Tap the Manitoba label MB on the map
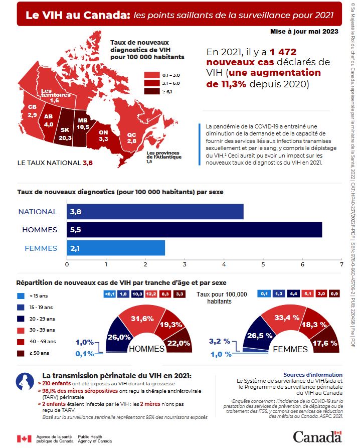pos(83,120)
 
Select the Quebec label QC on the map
pos(132,135)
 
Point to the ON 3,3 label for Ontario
pos(104,135)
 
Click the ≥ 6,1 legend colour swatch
pos(151,92)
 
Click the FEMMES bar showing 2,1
pos(116,248)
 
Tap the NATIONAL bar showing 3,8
pos(155,212)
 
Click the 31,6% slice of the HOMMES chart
pos(142,319)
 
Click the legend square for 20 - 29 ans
pos(20,318)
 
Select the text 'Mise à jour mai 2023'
pos(304,32)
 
